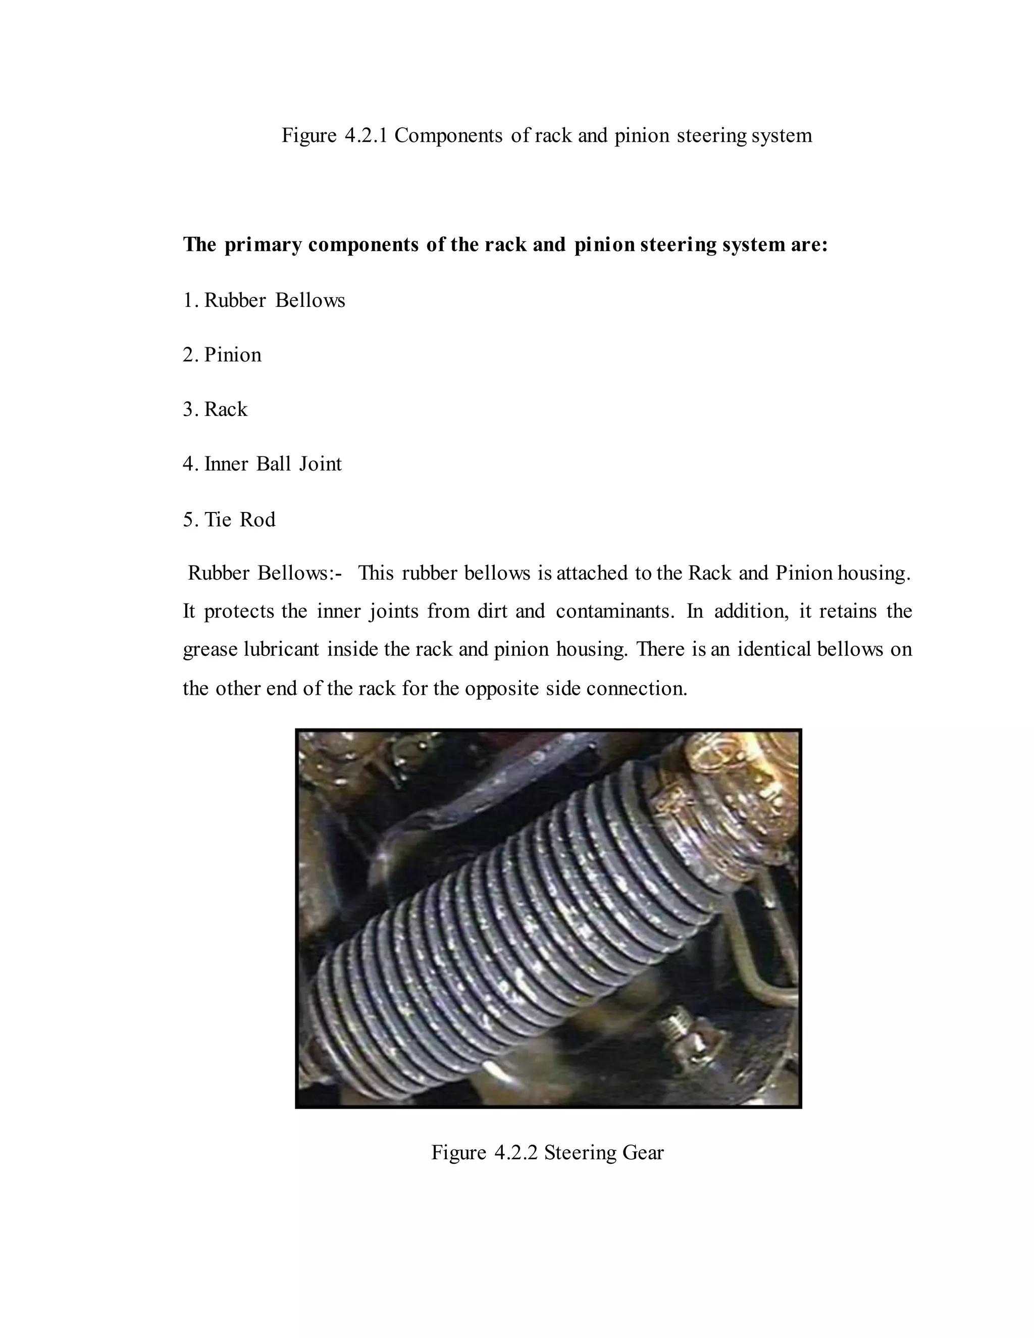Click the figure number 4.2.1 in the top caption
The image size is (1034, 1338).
click(x=366, y=135)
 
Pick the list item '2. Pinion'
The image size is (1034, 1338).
click(x=222, y=355)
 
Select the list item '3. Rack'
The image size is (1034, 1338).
click(x=215, y=409)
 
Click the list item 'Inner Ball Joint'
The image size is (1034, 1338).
click(x=273, y=464)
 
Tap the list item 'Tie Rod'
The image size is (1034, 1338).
click(x=239, y=520)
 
